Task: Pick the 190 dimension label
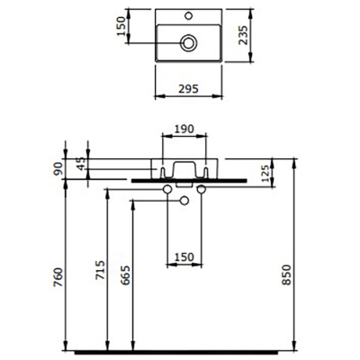click(x=184, y=130)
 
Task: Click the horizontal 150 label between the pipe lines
click(x=184, y=257)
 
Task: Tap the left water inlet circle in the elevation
click(x=167, y=190)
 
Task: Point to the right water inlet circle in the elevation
click(x=201, y=190)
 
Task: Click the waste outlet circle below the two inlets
click(x=184, y=200)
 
